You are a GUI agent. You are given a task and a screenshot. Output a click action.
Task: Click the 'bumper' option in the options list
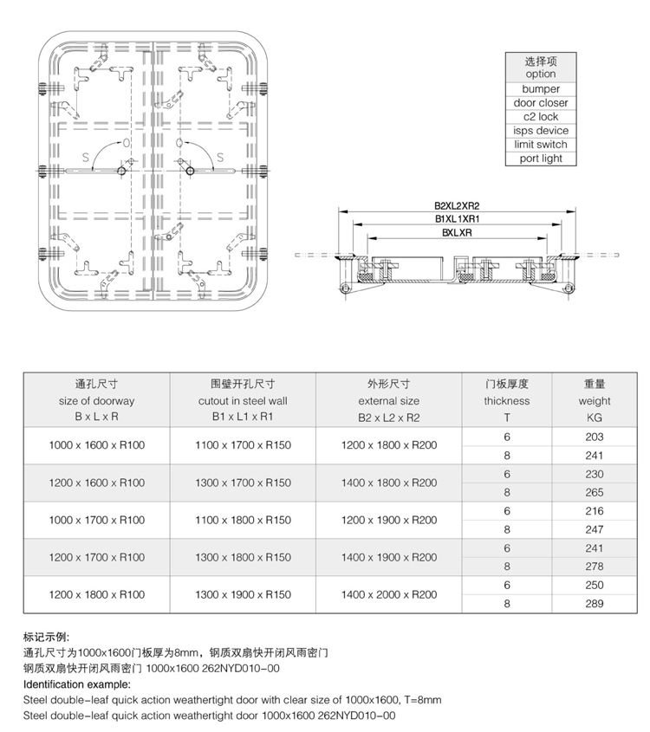(541, 88)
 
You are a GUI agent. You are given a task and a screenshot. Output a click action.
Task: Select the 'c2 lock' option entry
(541, 117)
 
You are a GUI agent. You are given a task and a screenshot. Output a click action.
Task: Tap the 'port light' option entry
(541, 159)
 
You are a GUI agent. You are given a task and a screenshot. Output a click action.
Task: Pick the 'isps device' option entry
(541, 131)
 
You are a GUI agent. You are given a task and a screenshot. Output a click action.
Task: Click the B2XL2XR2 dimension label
(457, 206)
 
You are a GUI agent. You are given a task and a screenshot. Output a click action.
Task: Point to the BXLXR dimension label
(457, 232)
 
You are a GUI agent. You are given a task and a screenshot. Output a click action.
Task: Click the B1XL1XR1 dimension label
(457, 219)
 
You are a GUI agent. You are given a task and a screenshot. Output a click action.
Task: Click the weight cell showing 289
(595, 604)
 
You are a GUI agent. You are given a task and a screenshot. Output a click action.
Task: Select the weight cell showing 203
(595, 437)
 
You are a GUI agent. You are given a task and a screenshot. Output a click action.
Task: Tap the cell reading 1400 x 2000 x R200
(389, 594)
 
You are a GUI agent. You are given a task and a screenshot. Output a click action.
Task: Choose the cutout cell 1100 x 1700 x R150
(243, 445)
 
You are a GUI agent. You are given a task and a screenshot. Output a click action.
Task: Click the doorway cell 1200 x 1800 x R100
(97, 594)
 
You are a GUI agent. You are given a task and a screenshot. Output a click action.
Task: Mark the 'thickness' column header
(507, 400)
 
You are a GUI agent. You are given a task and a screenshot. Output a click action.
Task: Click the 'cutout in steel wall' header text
(243, 400)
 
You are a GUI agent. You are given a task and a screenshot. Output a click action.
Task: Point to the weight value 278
(595, 567)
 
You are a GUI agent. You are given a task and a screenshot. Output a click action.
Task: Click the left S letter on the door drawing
(86, 158)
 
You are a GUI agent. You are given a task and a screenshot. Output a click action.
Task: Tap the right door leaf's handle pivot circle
(190, 172)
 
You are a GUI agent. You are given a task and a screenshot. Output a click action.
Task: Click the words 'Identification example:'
(77, 684)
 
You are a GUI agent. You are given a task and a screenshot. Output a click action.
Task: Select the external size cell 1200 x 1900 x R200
(389, 520)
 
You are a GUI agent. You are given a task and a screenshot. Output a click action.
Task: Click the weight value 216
(595, 511)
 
